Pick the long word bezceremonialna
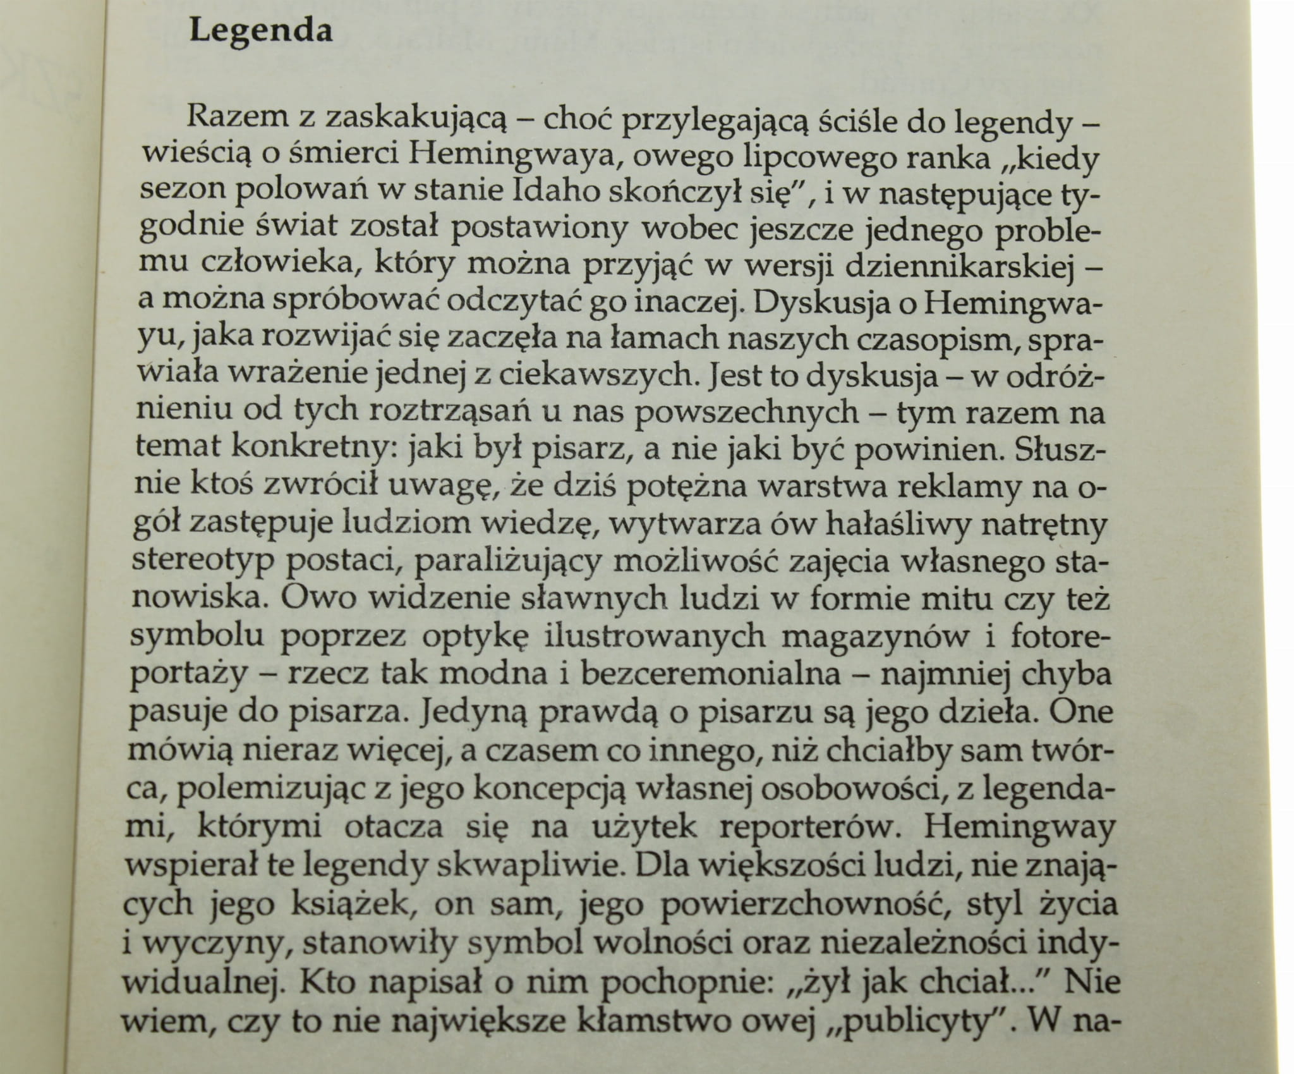coord(710,673)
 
